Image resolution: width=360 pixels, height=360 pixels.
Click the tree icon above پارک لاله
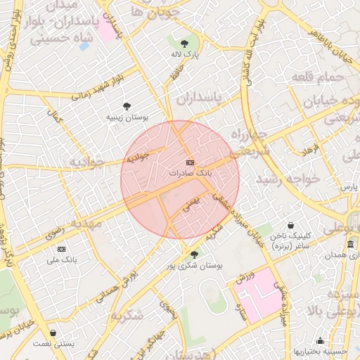(185, 44)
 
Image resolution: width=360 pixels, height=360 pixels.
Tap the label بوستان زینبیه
(127, 117)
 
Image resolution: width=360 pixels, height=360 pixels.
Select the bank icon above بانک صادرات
(190, 162)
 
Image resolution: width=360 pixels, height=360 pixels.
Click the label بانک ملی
(61, 260)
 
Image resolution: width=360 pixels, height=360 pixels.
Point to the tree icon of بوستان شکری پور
(194, 255)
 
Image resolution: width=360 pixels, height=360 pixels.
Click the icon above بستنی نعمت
(53, 333)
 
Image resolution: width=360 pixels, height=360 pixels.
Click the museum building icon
(350, 244)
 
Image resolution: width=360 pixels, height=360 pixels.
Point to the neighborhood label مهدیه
(85, 224)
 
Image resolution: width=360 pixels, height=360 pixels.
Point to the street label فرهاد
(310, 150)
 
